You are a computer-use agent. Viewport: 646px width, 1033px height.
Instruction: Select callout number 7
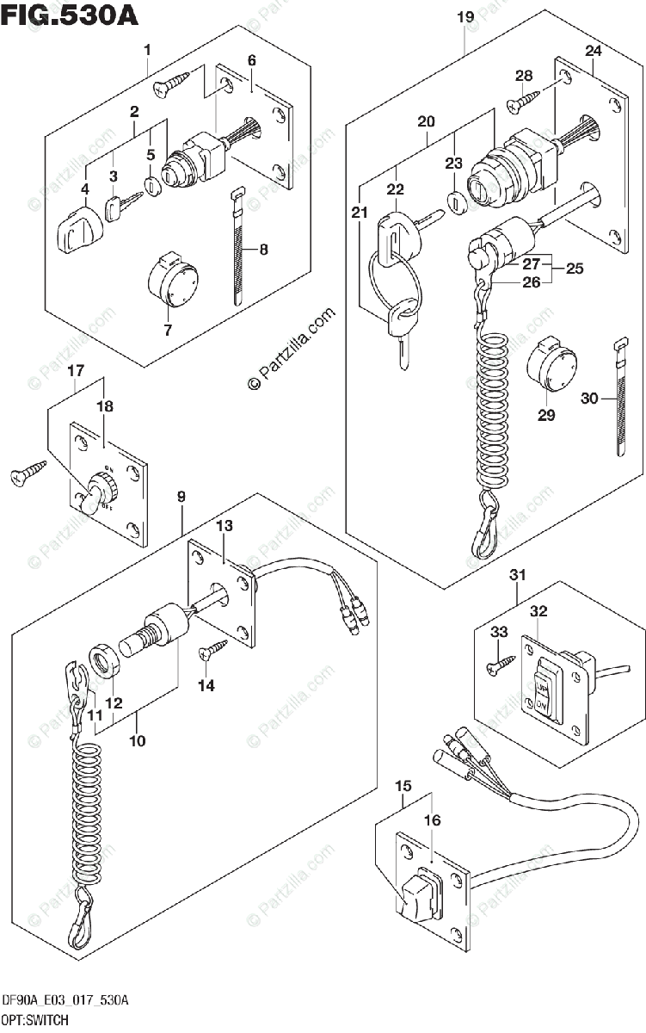(168, 330)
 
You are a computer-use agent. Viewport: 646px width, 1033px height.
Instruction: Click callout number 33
(499, 633)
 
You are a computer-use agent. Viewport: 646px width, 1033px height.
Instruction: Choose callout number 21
(360, 213)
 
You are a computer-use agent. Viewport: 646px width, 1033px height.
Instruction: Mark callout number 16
(432, 820)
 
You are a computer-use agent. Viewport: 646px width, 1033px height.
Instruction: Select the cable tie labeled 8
(238, 250)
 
